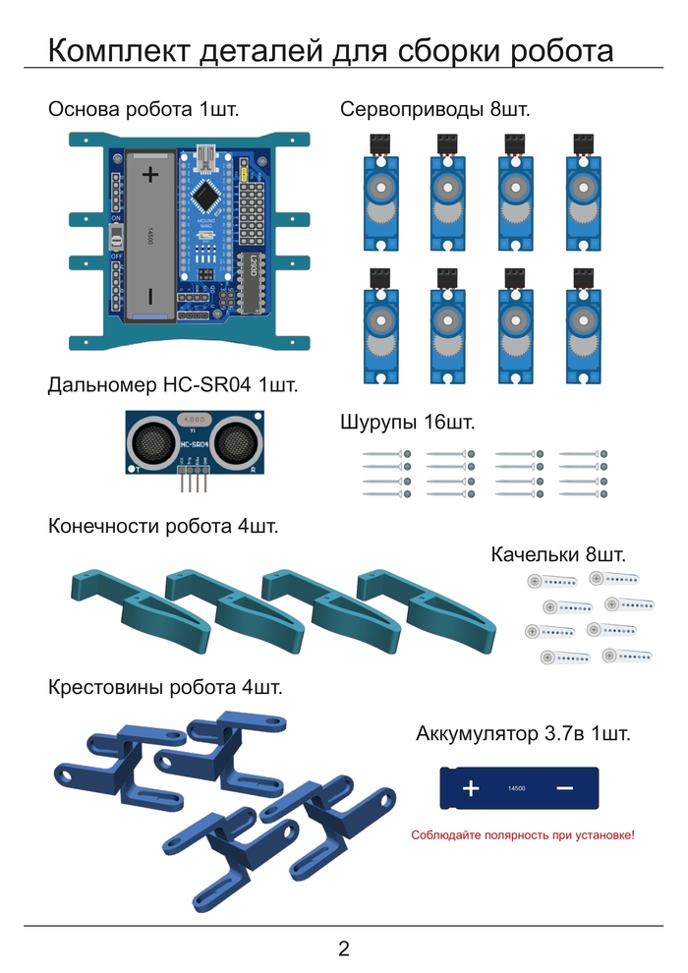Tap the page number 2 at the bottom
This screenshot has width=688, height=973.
coord(343,948)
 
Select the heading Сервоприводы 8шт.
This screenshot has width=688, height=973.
coord(434,109)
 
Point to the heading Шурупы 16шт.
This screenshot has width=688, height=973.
coord(407,423)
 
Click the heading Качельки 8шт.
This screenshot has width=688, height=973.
coord(558,555)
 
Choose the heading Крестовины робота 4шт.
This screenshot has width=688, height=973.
coord(165,687)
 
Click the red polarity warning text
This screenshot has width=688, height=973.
coord(522,834)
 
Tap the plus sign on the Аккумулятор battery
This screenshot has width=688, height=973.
coord(471,788)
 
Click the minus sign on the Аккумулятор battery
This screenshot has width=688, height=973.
coord(564,788)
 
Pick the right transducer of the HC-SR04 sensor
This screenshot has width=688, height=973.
coord(236,443)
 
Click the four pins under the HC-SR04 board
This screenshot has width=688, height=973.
coord(194,482)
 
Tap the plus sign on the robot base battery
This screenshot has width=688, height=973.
coord(149,175)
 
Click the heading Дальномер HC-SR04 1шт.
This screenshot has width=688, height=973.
coord(172,385)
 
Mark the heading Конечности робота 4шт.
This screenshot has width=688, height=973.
coord(163,526)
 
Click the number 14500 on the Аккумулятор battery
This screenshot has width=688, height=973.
coord(517,788)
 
